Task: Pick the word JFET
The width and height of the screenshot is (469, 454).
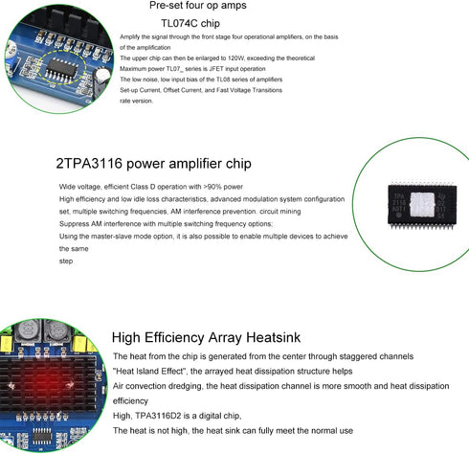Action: (213, 69)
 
